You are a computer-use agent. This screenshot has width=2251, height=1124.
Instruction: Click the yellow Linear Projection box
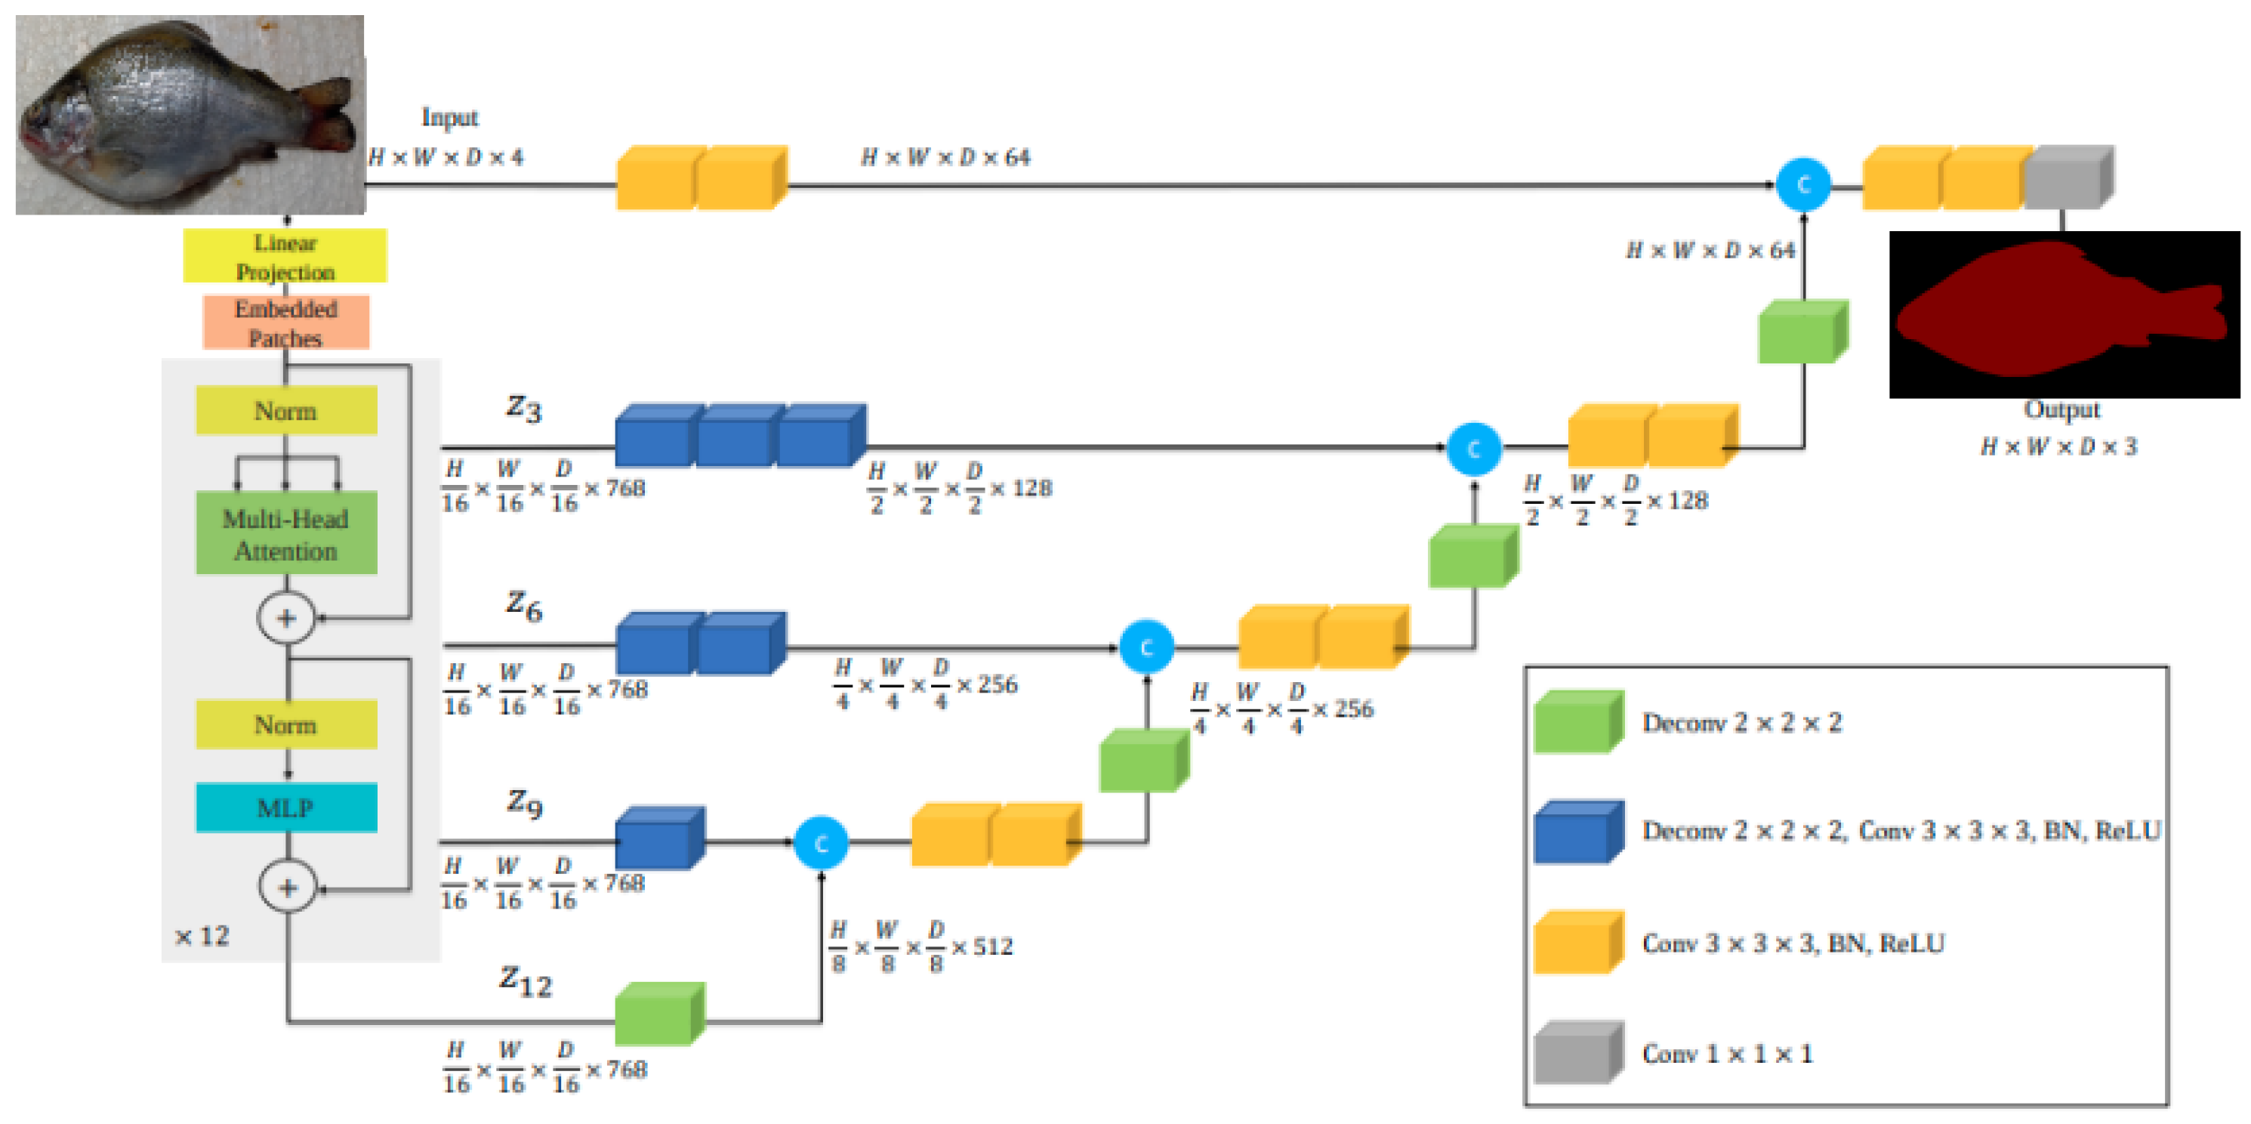click(x=285, y=256)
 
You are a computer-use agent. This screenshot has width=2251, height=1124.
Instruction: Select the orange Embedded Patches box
click(x=285, y=323)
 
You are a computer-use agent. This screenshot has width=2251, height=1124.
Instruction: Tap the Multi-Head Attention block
click(x=285, y=533)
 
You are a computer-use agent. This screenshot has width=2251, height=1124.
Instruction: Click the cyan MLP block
click(x=285, y=807)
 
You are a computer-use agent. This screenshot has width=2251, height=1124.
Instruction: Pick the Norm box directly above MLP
click(x=285, y=724)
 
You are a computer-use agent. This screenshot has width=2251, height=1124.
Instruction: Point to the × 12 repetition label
click(x=202, y=936)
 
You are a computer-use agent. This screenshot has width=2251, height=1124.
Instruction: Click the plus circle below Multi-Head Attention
click(x=285, y=618)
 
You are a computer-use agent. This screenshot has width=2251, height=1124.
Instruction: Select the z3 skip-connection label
click(x=523, y=407)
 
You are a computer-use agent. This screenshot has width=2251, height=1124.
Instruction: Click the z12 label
click(x=525, y=980)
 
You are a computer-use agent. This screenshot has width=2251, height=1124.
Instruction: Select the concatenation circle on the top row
click(x=1802, y=184)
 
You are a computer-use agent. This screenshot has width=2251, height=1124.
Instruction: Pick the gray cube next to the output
click(x=2067, y=178)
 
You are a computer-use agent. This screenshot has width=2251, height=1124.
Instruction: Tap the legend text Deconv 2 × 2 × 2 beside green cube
click(x=1741, y=723)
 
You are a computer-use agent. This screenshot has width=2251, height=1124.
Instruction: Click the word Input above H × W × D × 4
click(x=449, y=117)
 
